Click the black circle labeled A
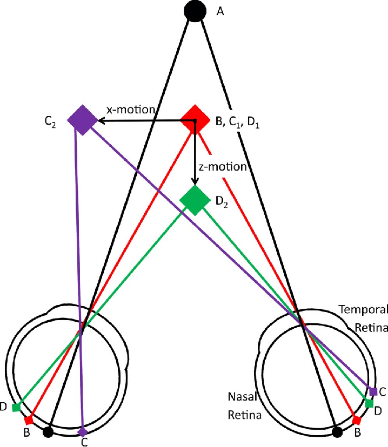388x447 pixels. pyautogui.click(x=194, y=10)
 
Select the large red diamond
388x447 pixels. pyautogui.click(x=195, y=119)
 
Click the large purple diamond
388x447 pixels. pyautogui.click(x=82, y=119)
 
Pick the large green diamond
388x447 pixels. pyautogui.click(x=195, y=200)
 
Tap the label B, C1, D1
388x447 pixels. pyautogui.click(x=236, y=123)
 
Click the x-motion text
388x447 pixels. pyautogui.click(x=131, y=110)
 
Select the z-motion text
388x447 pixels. pyautogui.click(x=223, y=167)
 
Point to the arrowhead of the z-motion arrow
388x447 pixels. pyautogui.click(x=195, y=182)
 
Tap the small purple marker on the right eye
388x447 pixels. pyautogui.click(x=373, y=391)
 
